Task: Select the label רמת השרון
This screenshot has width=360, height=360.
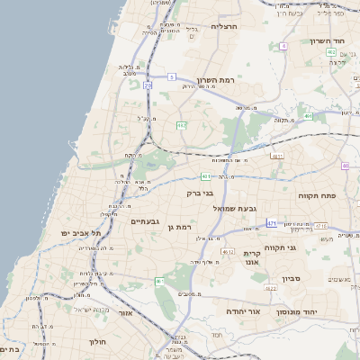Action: [x=215, y=80]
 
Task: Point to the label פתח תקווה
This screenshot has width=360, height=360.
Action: [x=317, y=194]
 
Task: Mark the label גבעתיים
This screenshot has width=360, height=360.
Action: [x=145, y=221]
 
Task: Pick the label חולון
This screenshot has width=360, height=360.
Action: [x=97, y=342]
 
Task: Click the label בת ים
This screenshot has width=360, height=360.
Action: [x=11, y=349]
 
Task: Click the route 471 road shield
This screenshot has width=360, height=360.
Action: [x=273, y=222]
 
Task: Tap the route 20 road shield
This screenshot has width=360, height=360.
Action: [x=147, y=85]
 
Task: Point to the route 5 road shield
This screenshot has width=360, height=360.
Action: [x=171, y=78]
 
